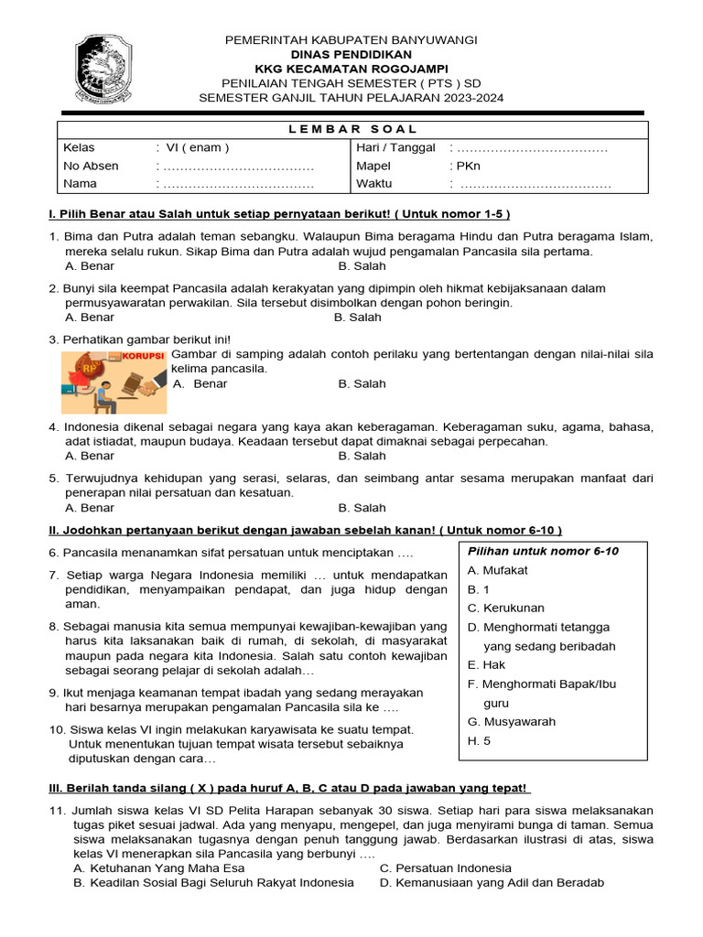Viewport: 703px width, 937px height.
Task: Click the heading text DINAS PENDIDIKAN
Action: click(352, 55)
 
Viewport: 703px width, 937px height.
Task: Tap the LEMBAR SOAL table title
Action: click(352, 129)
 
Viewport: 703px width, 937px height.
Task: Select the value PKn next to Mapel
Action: click(468, 166)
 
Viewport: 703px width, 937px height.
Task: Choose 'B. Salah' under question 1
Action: click(362, 266)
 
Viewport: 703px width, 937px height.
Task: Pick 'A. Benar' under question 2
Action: click(90, 318)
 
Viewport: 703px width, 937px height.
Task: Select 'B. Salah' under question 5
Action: click(362, 508)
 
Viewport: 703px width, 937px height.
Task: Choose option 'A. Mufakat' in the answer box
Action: click(497, 570)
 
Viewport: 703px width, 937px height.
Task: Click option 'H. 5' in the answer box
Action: click(479, 741)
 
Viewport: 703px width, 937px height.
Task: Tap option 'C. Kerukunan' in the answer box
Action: click(505, 608)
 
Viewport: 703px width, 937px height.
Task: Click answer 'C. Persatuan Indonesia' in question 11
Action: click(445, 867)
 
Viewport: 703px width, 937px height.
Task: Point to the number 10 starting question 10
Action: click(55, 729)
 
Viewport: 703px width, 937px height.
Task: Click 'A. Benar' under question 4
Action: click(90, 456)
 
